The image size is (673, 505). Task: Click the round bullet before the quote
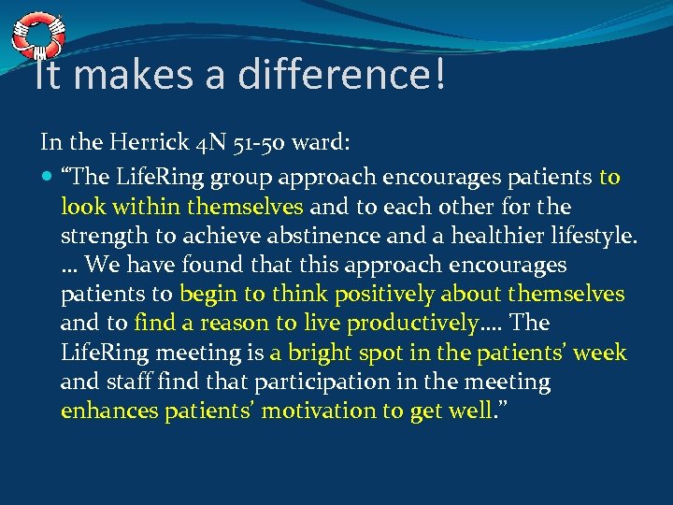[x=48, y=178]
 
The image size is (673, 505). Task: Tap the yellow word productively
[x=411, y=324]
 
